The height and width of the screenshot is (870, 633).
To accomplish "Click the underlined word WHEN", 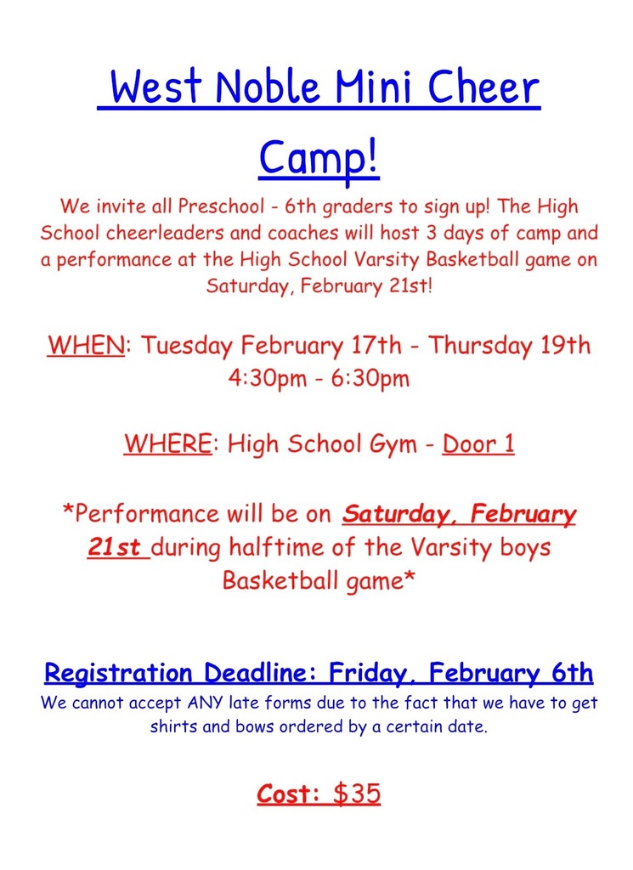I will [86, 347].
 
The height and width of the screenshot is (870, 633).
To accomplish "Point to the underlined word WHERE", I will [167, 444].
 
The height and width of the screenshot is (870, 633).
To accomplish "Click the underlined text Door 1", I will [478, 444].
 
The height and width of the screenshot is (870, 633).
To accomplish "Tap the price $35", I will [357, 794].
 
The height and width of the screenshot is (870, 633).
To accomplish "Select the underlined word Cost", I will [286, 794].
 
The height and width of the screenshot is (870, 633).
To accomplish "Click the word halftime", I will [285, 548].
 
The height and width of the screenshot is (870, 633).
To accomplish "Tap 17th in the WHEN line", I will [381, 347].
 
